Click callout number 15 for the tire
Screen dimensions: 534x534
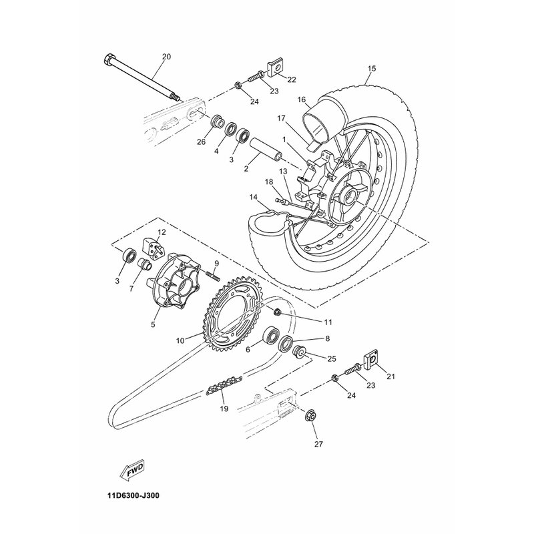click(x=372, y=69)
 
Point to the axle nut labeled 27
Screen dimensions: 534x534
click(x=310, y=415)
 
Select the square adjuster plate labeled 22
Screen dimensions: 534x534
click(x=276, y=68)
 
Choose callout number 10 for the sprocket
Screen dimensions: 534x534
click(x=180, y=340)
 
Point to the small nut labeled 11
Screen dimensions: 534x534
click(x=277, y=311)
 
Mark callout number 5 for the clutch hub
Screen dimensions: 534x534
click(x=153, y=324)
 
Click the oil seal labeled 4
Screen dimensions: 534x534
click(x=231, y=129)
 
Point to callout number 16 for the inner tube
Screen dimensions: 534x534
click(x=302, y=99)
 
